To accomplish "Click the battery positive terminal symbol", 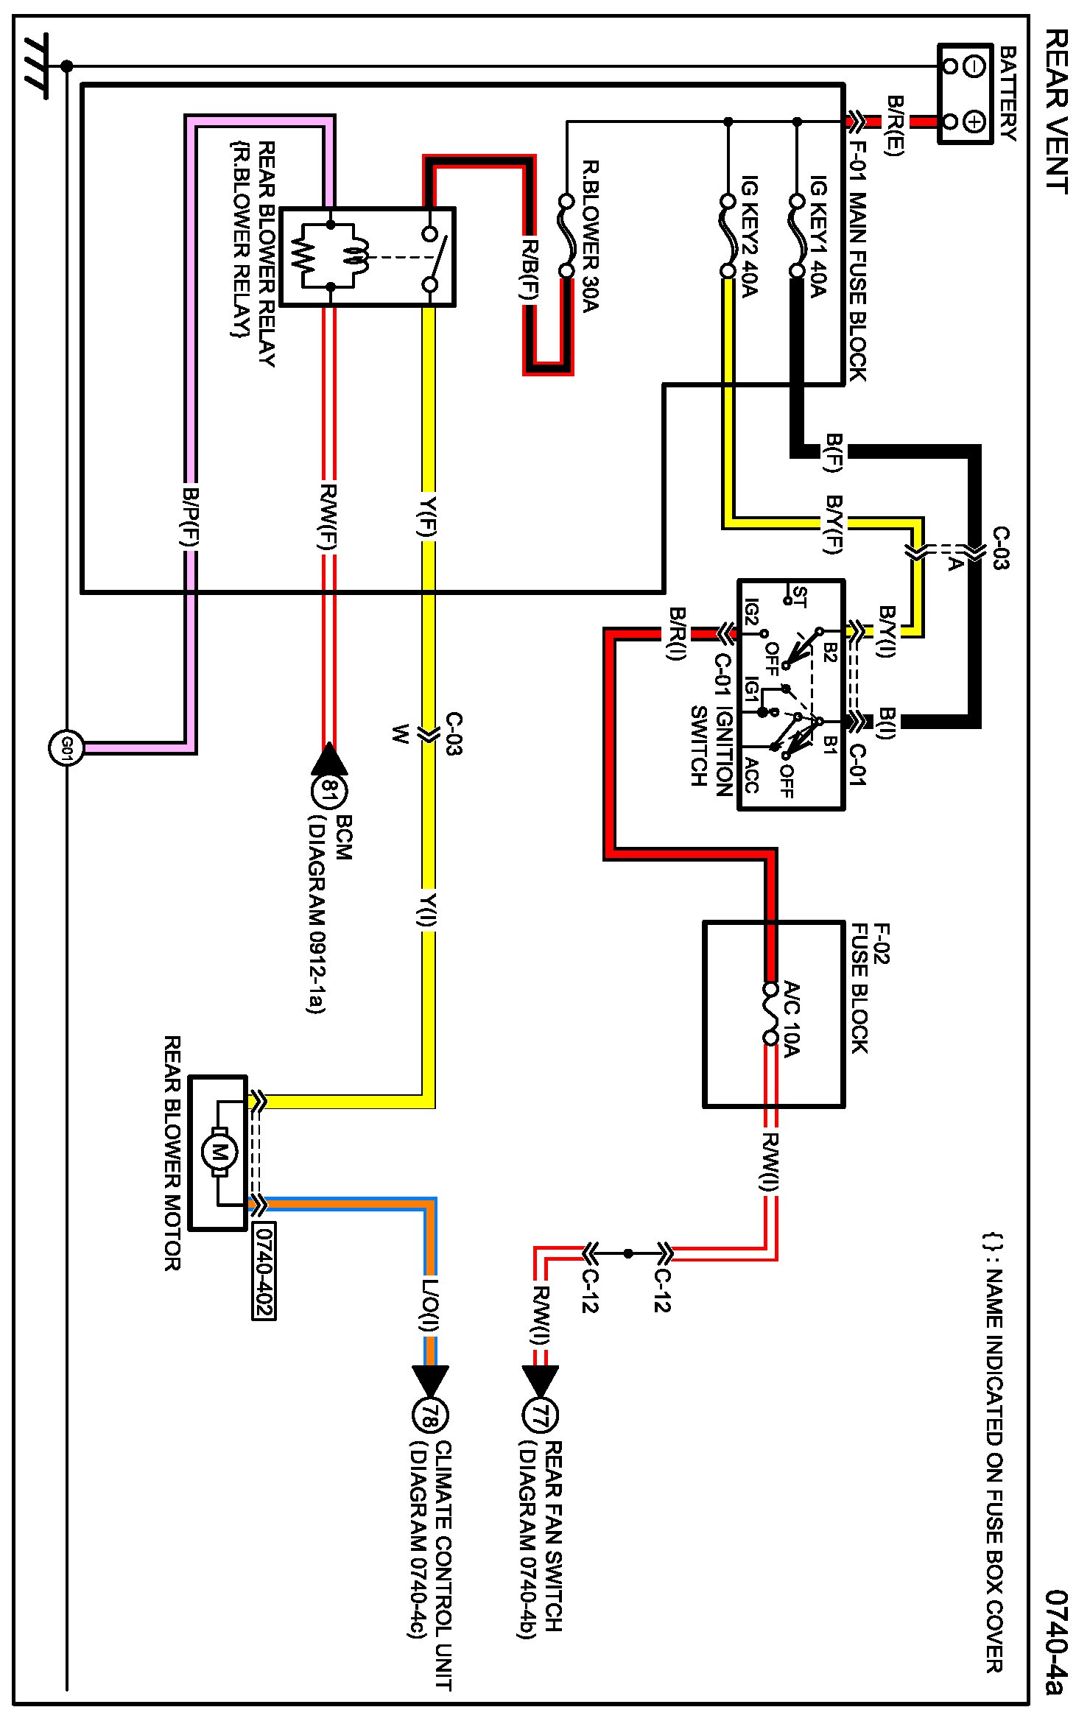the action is pos(974,121).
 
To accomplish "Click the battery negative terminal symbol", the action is pos(974,66).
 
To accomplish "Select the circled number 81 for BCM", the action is pos(329,792).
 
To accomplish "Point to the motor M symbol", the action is pos(219,1152).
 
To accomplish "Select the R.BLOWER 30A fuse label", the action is pos(591,236).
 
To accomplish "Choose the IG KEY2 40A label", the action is pos(749,236).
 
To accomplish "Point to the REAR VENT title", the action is pos(1056,110).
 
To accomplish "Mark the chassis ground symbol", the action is pos(37,66).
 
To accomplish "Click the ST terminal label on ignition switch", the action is pos(799,597).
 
